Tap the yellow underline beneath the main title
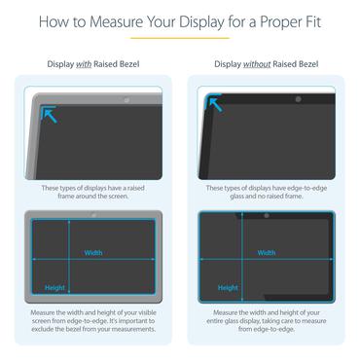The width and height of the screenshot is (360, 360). pos(180,38)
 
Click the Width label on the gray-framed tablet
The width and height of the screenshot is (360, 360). pos(92,253)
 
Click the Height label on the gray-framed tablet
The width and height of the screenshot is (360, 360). pos(54,288)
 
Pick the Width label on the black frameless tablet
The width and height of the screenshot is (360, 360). pos(266,253)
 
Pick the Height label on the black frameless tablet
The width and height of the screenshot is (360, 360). pos(228,288)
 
